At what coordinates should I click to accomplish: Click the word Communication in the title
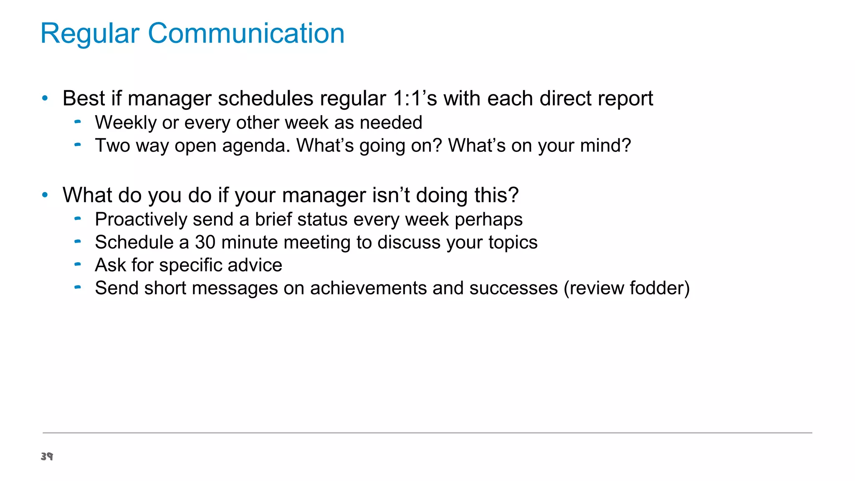246,33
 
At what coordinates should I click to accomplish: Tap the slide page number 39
47,456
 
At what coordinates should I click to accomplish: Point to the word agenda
256,146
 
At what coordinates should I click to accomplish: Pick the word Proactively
141,220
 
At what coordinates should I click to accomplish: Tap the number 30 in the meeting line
205,243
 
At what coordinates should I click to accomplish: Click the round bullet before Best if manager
45,99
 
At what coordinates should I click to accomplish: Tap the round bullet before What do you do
45,195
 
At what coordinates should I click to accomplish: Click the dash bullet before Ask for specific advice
77,264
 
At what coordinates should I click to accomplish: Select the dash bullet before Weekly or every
77,122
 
